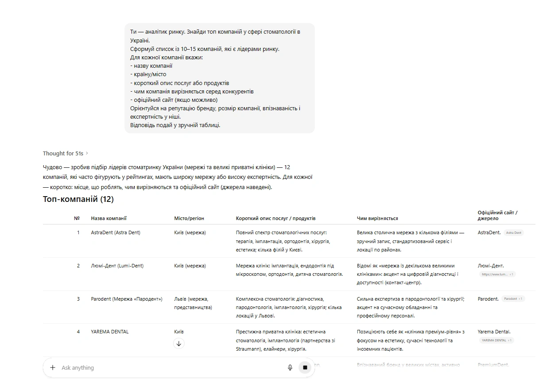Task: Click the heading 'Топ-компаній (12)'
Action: [78, 199]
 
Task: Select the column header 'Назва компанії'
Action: [109, 218]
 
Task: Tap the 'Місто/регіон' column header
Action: [189, 218]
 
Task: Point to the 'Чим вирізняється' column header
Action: [377, 218]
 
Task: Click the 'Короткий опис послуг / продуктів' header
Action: [275, 218]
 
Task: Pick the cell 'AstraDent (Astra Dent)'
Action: [116, 232]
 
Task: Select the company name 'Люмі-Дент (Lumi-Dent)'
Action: [117, 266]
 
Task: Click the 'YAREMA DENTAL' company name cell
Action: [110, 332]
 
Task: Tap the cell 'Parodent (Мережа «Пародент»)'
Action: [127, 299]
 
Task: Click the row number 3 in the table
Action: [78, 299]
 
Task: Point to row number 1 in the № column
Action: [78, 232]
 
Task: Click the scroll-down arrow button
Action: [179, 344]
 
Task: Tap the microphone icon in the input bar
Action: [290, 367]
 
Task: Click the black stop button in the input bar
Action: [305, 367]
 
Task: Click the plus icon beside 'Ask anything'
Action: [53, 367]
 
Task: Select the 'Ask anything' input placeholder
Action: [78, 367]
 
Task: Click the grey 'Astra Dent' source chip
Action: [514, 233]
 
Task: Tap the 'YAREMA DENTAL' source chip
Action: [496, 340]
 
